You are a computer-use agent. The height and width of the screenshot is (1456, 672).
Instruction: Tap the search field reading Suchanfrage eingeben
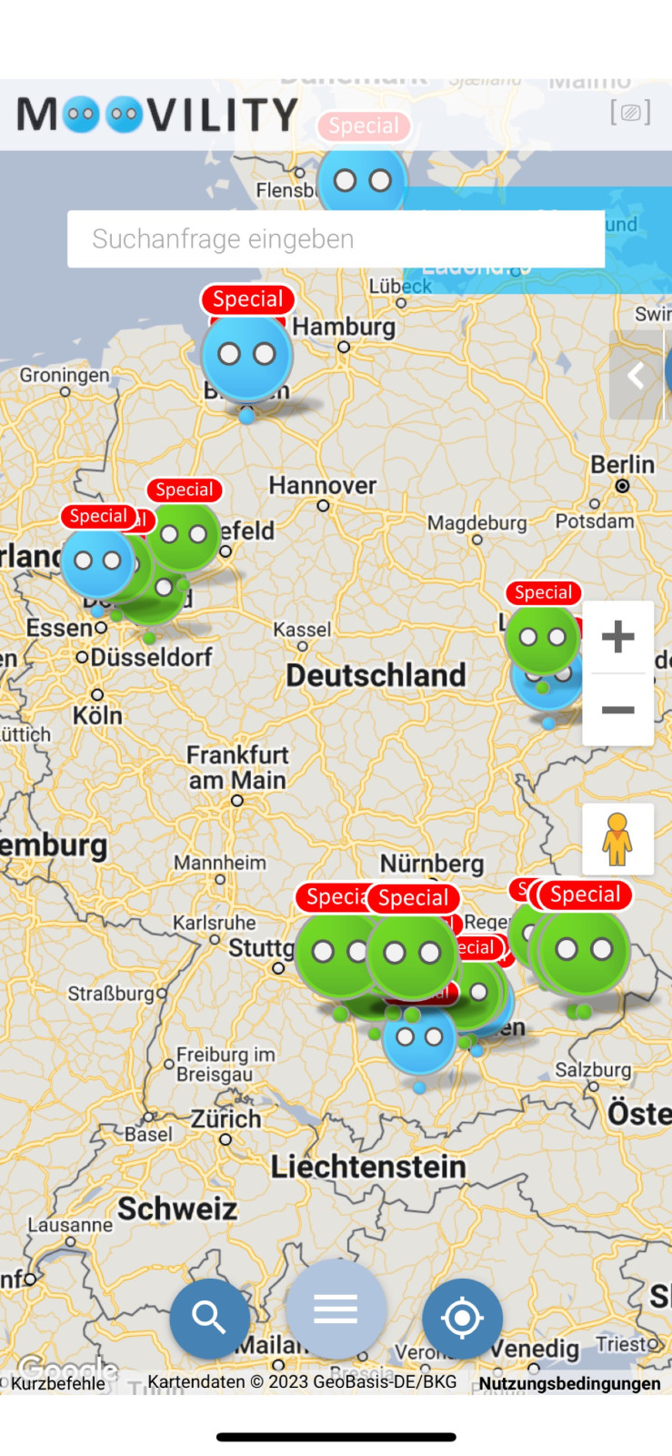point(336,239)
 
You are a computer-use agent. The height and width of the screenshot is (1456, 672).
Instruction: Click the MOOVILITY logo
point(157,116)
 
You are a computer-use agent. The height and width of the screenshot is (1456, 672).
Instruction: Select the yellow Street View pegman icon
point(617,839)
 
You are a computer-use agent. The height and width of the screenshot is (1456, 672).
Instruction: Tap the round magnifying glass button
point(209,1317)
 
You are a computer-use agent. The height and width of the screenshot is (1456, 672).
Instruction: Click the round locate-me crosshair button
point(462,1318)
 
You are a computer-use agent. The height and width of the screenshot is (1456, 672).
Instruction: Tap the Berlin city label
point(622,465)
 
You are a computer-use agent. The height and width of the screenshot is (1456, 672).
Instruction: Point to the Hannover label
point(322,486)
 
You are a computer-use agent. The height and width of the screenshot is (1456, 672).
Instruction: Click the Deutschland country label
point(376,675)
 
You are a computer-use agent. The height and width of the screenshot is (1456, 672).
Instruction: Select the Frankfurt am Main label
point(236,767)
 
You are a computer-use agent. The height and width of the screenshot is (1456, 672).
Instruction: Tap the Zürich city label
point(226,1119)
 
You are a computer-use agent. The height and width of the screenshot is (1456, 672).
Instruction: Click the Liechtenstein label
point(367,1167)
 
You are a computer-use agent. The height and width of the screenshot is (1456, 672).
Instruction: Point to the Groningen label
point(65,375)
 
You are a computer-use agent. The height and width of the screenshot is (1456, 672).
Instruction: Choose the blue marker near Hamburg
point(246,356)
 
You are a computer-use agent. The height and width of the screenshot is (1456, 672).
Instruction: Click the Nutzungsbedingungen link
point(569,1383)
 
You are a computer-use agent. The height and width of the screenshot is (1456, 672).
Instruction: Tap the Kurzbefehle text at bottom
point(58,1383)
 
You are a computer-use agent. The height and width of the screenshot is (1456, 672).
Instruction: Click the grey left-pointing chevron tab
point(636,375)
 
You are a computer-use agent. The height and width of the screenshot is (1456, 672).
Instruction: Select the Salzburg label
point(593,1070)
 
